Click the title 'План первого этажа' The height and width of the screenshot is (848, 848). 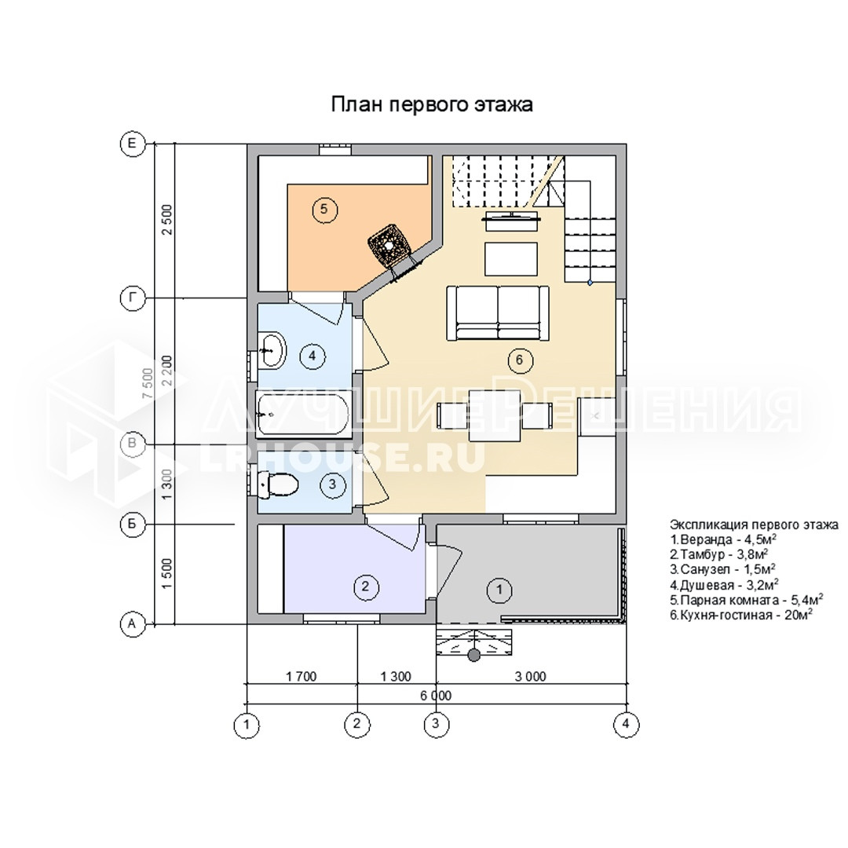coord(432,104)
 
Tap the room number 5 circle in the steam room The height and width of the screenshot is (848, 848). coord(324,209)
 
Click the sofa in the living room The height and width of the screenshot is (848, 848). coord(498,313)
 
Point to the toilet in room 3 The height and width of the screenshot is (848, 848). coord(278,484)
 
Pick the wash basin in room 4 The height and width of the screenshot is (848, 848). coord(272,350)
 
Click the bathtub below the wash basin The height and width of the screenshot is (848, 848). coord(303,415)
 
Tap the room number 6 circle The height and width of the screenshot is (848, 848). coord(520,360)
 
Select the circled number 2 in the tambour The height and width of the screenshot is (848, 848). coord(365,587)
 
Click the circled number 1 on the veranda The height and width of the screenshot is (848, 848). coord(499,589)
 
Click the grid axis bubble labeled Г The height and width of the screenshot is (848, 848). coord(131,298)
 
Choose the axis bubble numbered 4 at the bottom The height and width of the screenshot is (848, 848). coord(626,724)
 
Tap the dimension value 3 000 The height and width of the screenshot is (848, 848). coord(531,677)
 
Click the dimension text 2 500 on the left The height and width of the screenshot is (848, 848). coord(168,219)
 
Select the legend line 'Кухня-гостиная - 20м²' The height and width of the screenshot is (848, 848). coord(741,615)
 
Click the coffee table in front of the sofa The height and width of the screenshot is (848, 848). coord(511,259)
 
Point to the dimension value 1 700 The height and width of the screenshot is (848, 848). coord(302,677)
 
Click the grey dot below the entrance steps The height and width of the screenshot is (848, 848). coord(473,656)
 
